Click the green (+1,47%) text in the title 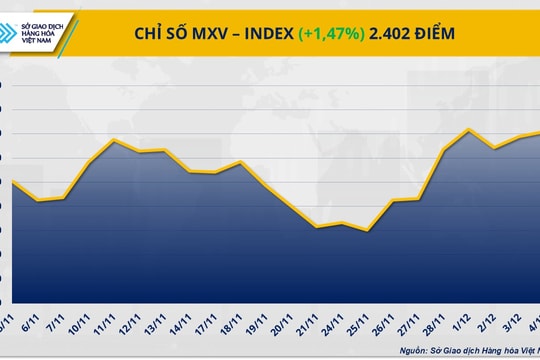click(333, 33)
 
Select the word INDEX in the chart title click(260, 33)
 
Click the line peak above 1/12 click(470, 129)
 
